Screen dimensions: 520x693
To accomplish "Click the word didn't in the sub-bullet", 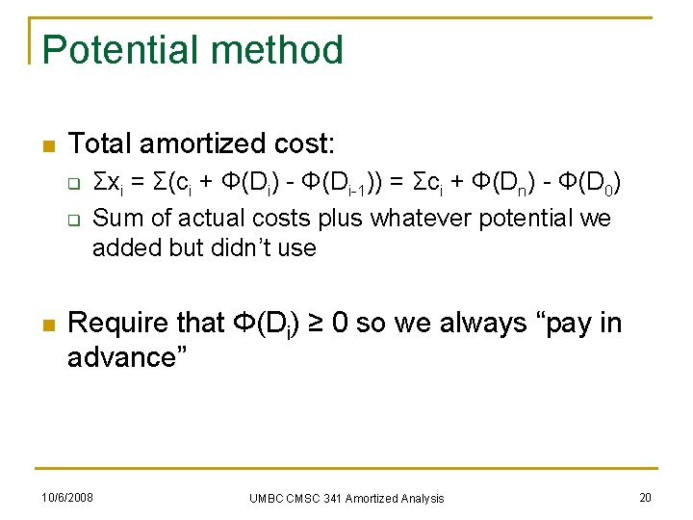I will pyautogui.click(x=235, y=248).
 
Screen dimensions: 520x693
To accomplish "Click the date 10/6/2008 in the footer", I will pyautogui.click(x=66, y=497).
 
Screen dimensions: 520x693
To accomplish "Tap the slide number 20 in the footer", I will pyautogui.click(x=644, y=497).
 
